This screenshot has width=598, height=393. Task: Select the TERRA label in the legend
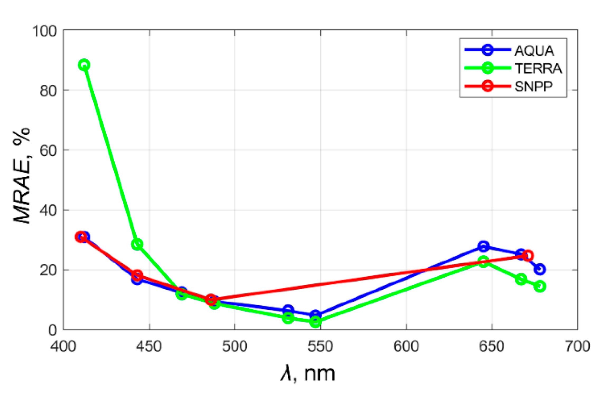click(538, 68)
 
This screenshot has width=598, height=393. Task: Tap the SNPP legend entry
click(533, 86)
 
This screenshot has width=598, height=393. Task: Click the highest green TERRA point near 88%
click(84, 65)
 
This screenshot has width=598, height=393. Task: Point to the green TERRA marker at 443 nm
click(137, 244)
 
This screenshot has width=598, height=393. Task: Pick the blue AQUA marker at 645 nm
click(483, 246)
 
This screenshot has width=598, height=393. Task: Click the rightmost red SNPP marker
click(528, 255)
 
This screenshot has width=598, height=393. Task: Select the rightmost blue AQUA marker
click(540, 269)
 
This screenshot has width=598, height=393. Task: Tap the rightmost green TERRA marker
click(540, 286)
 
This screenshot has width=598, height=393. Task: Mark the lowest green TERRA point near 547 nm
click(316, 322)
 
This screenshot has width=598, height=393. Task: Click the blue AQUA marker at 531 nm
click(288, 310)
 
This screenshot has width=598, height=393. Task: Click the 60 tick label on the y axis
click(48, 151)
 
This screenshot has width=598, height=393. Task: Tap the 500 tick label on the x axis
click(235, 346)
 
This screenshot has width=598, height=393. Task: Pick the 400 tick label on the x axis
click(63, 346)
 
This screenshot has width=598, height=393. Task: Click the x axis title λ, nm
click(308, 374)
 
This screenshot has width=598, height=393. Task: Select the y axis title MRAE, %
click(22, 176)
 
